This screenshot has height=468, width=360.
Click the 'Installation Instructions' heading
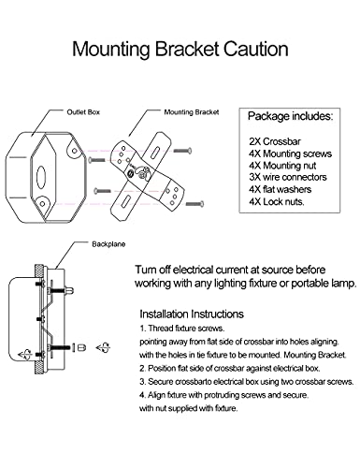[x=204, y=314]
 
